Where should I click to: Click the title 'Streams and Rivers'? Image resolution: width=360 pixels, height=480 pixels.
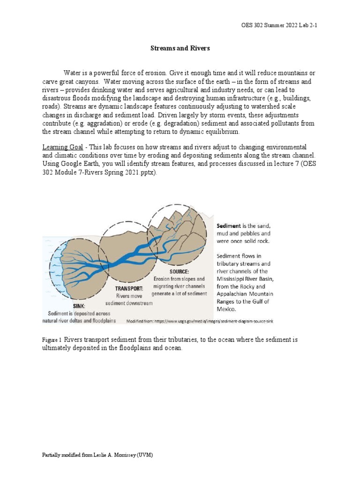pyautogui.click(x=180, y=48)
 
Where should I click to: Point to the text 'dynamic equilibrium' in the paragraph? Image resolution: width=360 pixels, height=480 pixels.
pyautogui.click(x=194, y=132)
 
